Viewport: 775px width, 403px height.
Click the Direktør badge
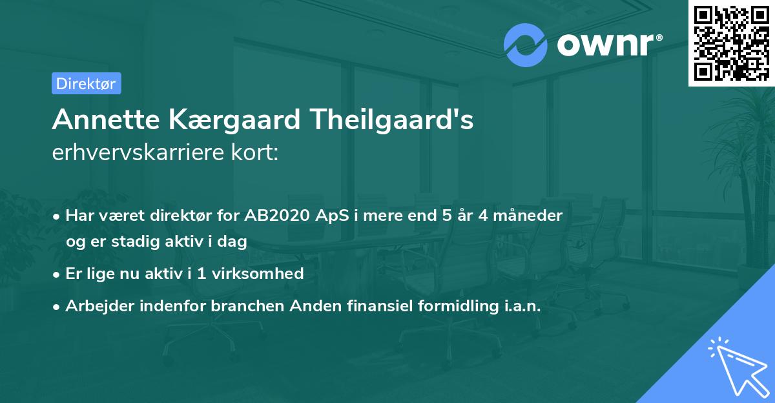86,83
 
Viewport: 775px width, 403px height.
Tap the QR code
731,43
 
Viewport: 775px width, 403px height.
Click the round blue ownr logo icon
525,45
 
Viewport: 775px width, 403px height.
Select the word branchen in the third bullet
244,307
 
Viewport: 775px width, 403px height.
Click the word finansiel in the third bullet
372,307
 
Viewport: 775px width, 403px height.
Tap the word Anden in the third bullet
310,307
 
